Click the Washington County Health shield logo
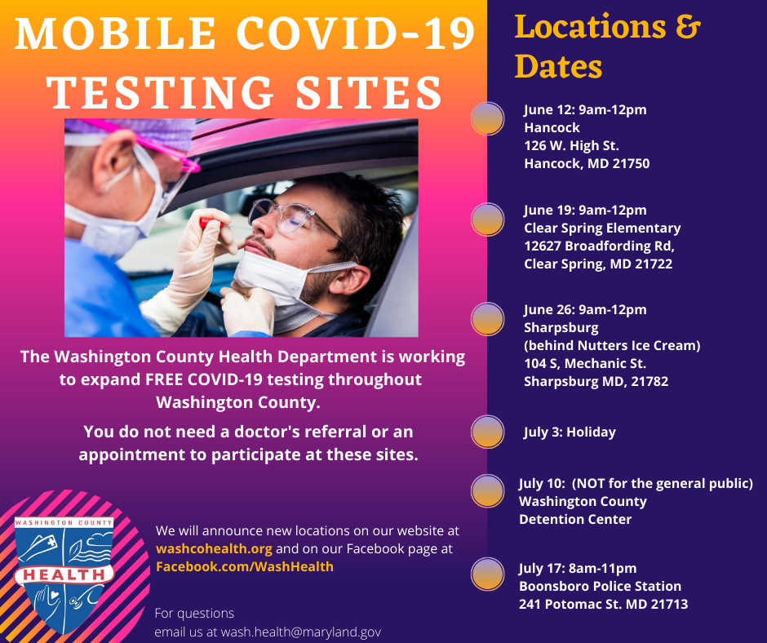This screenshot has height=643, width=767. click(x=64, y=573)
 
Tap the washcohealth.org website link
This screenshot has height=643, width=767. click(x=214, y=548)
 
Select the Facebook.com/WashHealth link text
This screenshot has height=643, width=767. click(x=245, y=566)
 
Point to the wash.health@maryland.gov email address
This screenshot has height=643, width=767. click(x=301, y=632)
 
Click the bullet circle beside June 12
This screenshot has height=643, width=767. click(x=488, y=118)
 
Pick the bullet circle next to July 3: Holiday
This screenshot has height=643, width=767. click(x=488, y=432)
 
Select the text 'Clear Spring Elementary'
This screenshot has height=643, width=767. click(x=602, y=228)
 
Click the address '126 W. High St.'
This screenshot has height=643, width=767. click(x=571, y=145)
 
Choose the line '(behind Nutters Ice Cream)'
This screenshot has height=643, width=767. click(x=612, y=345)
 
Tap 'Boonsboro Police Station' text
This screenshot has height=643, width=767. click(x=600, y=586)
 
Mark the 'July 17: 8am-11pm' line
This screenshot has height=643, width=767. click(x=578, y=568)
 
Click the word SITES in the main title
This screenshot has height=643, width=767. click(x=370, y=93)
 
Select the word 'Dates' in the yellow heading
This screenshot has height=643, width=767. click(x=558, y=67)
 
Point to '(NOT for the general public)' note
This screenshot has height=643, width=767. click(x=663, y=483)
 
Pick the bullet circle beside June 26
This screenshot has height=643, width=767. click(x=488, y=319)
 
